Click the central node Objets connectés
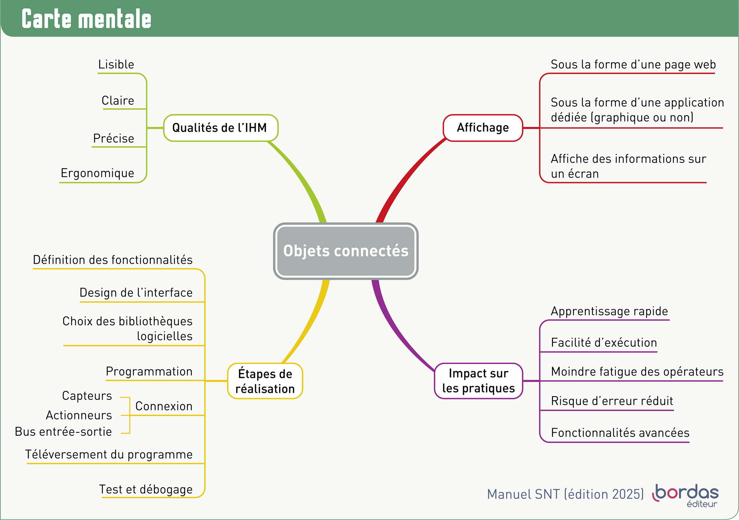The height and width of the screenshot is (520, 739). coord(345,251)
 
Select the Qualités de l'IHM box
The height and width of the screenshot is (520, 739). coord(220,128)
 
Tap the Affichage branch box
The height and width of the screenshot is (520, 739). coord(483,128)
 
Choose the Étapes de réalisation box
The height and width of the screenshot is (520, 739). coord(265,381)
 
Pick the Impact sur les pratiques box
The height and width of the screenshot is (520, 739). coord(478,381)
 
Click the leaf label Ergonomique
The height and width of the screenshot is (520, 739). coord(97,173)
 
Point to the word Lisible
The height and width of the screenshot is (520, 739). coord(116,65)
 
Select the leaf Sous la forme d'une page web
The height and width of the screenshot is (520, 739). coord(633,65)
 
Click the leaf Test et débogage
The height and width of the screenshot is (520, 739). coord(146,489)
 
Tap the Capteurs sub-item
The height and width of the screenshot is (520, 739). coord(87,395)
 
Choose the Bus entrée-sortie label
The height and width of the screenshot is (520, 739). coord(63,432)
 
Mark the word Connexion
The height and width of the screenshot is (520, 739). coord(164,406)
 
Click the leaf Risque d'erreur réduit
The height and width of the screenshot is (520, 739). coord(612,401)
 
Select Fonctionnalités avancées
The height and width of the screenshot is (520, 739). coord(620,433)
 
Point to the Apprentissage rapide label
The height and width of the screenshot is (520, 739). coord(609,311)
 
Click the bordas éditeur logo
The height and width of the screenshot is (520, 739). coord(686,495)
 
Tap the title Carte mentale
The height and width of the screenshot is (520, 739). coord(87,19)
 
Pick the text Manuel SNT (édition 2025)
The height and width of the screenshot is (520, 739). coord(565,494)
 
